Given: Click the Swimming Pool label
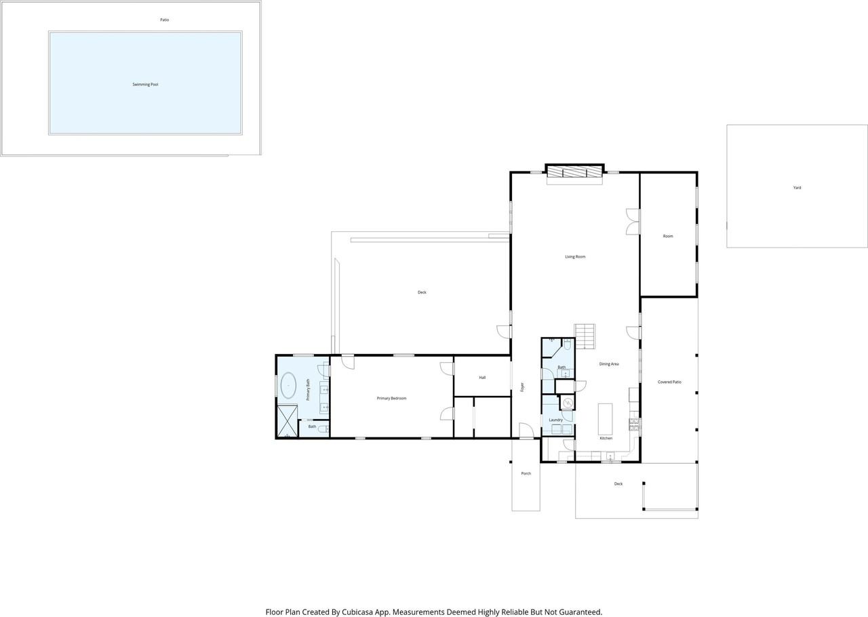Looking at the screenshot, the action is pos(145,85).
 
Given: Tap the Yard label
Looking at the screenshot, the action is pos(797,188).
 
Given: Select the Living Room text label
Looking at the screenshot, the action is pos(575,256).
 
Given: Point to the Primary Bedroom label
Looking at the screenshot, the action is pos(391,398).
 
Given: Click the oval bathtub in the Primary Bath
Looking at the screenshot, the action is pos(288,385).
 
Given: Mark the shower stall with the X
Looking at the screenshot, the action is pos(288,421).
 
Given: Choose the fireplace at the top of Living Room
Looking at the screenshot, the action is pos(574,171).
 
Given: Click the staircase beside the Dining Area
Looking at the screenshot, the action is pos(585,336).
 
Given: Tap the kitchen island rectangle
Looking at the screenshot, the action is pos(606,419).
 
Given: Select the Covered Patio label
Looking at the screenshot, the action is pos(669,382).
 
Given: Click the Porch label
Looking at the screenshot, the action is pos(526,473).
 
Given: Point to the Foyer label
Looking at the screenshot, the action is pos(522,386).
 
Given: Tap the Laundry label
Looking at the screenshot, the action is pos(555,420).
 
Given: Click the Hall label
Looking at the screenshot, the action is pos(482,377).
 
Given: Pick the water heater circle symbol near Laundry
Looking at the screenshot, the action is pos(568,403).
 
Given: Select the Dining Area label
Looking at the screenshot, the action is pos(609,364).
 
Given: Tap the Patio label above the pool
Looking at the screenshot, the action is pos(165,20).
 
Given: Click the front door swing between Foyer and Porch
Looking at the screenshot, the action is pos(526,431).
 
